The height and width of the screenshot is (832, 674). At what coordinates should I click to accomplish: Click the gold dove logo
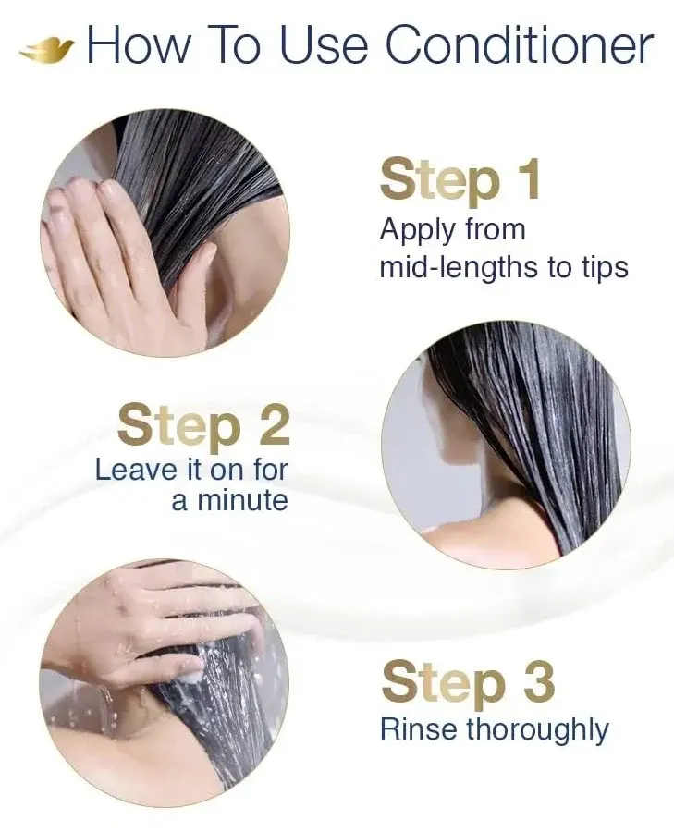(46, 49)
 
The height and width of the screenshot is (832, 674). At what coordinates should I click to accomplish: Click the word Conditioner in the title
(519, 46)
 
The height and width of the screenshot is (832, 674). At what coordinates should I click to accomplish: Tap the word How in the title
(140, 46)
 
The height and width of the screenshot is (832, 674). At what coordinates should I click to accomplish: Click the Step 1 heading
(460, 180)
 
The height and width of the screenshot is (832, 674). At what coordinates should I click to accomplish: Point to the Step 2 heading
(203, 425)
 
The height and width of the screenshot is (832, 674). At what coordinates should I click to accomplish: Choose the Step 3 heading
(468, 682)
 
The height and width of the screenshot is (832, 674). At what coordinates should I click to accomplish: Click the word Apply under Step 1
(419, 229)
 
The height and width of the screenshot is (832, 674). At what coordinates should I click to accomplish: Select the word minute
(241, 500)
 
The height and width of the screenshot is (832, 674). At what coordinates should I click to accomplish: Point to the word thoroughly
(537, 730)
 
